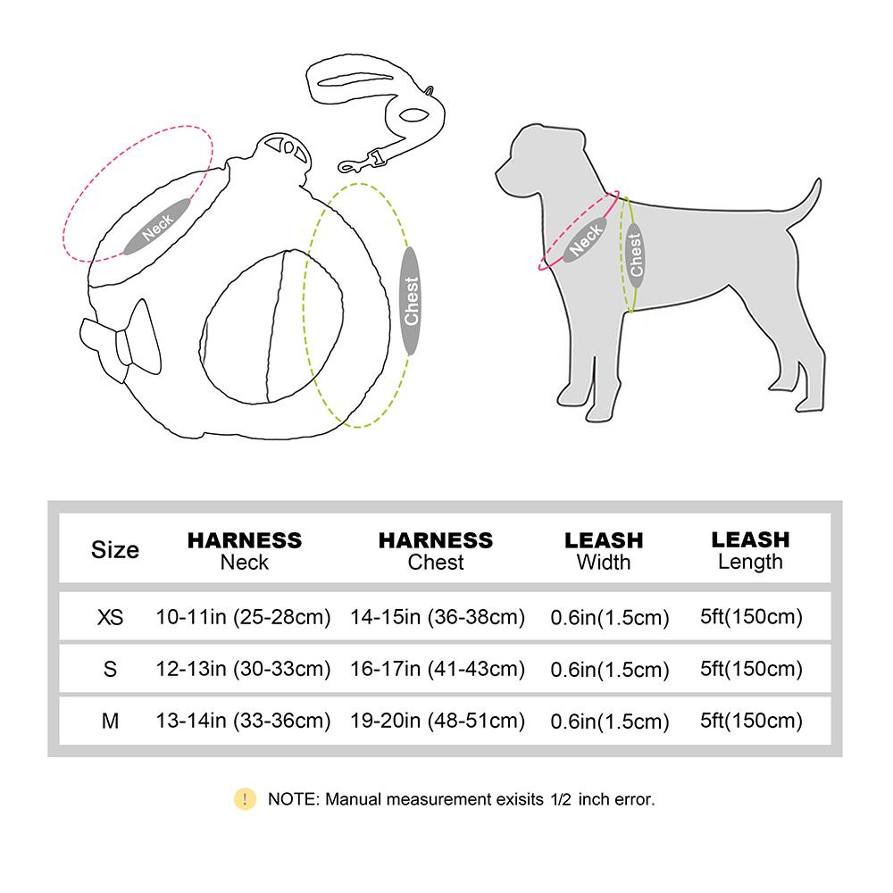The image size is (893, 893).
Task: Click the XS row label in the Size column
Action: (110, 617)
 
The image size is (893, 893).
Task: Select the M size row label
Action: (110, 721)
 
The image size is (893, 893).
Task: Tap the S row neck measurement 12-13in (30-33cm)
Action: (243, 669)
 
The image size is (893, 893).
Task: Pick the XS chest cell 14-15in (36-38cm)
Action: (438, 617)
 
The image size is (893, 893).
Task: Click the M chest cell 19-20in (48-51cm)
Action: (438, 721)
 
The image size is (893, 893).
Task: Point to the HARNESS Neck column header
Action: (244, 550)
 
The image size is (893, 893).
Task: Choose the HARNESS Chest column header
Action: (436, 550)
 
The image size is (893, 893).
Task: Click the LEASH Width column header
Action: (604, 550)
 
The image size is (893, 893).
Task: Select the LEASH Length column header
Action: (750, 549)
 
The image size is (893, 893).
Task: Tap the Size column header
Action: (115, 549)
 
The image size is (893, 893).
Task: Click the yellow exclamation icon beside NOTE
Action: (245, 798)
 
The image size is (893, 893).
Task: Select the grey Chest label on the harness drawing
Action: (411, 301)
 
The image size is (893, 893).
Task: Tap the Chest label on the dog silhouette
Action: (636, 254)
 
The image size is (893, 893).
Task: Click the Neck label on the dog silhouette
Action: (587, 239)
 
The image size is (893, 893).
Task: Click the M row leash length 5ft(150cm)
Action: (750, 721)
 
